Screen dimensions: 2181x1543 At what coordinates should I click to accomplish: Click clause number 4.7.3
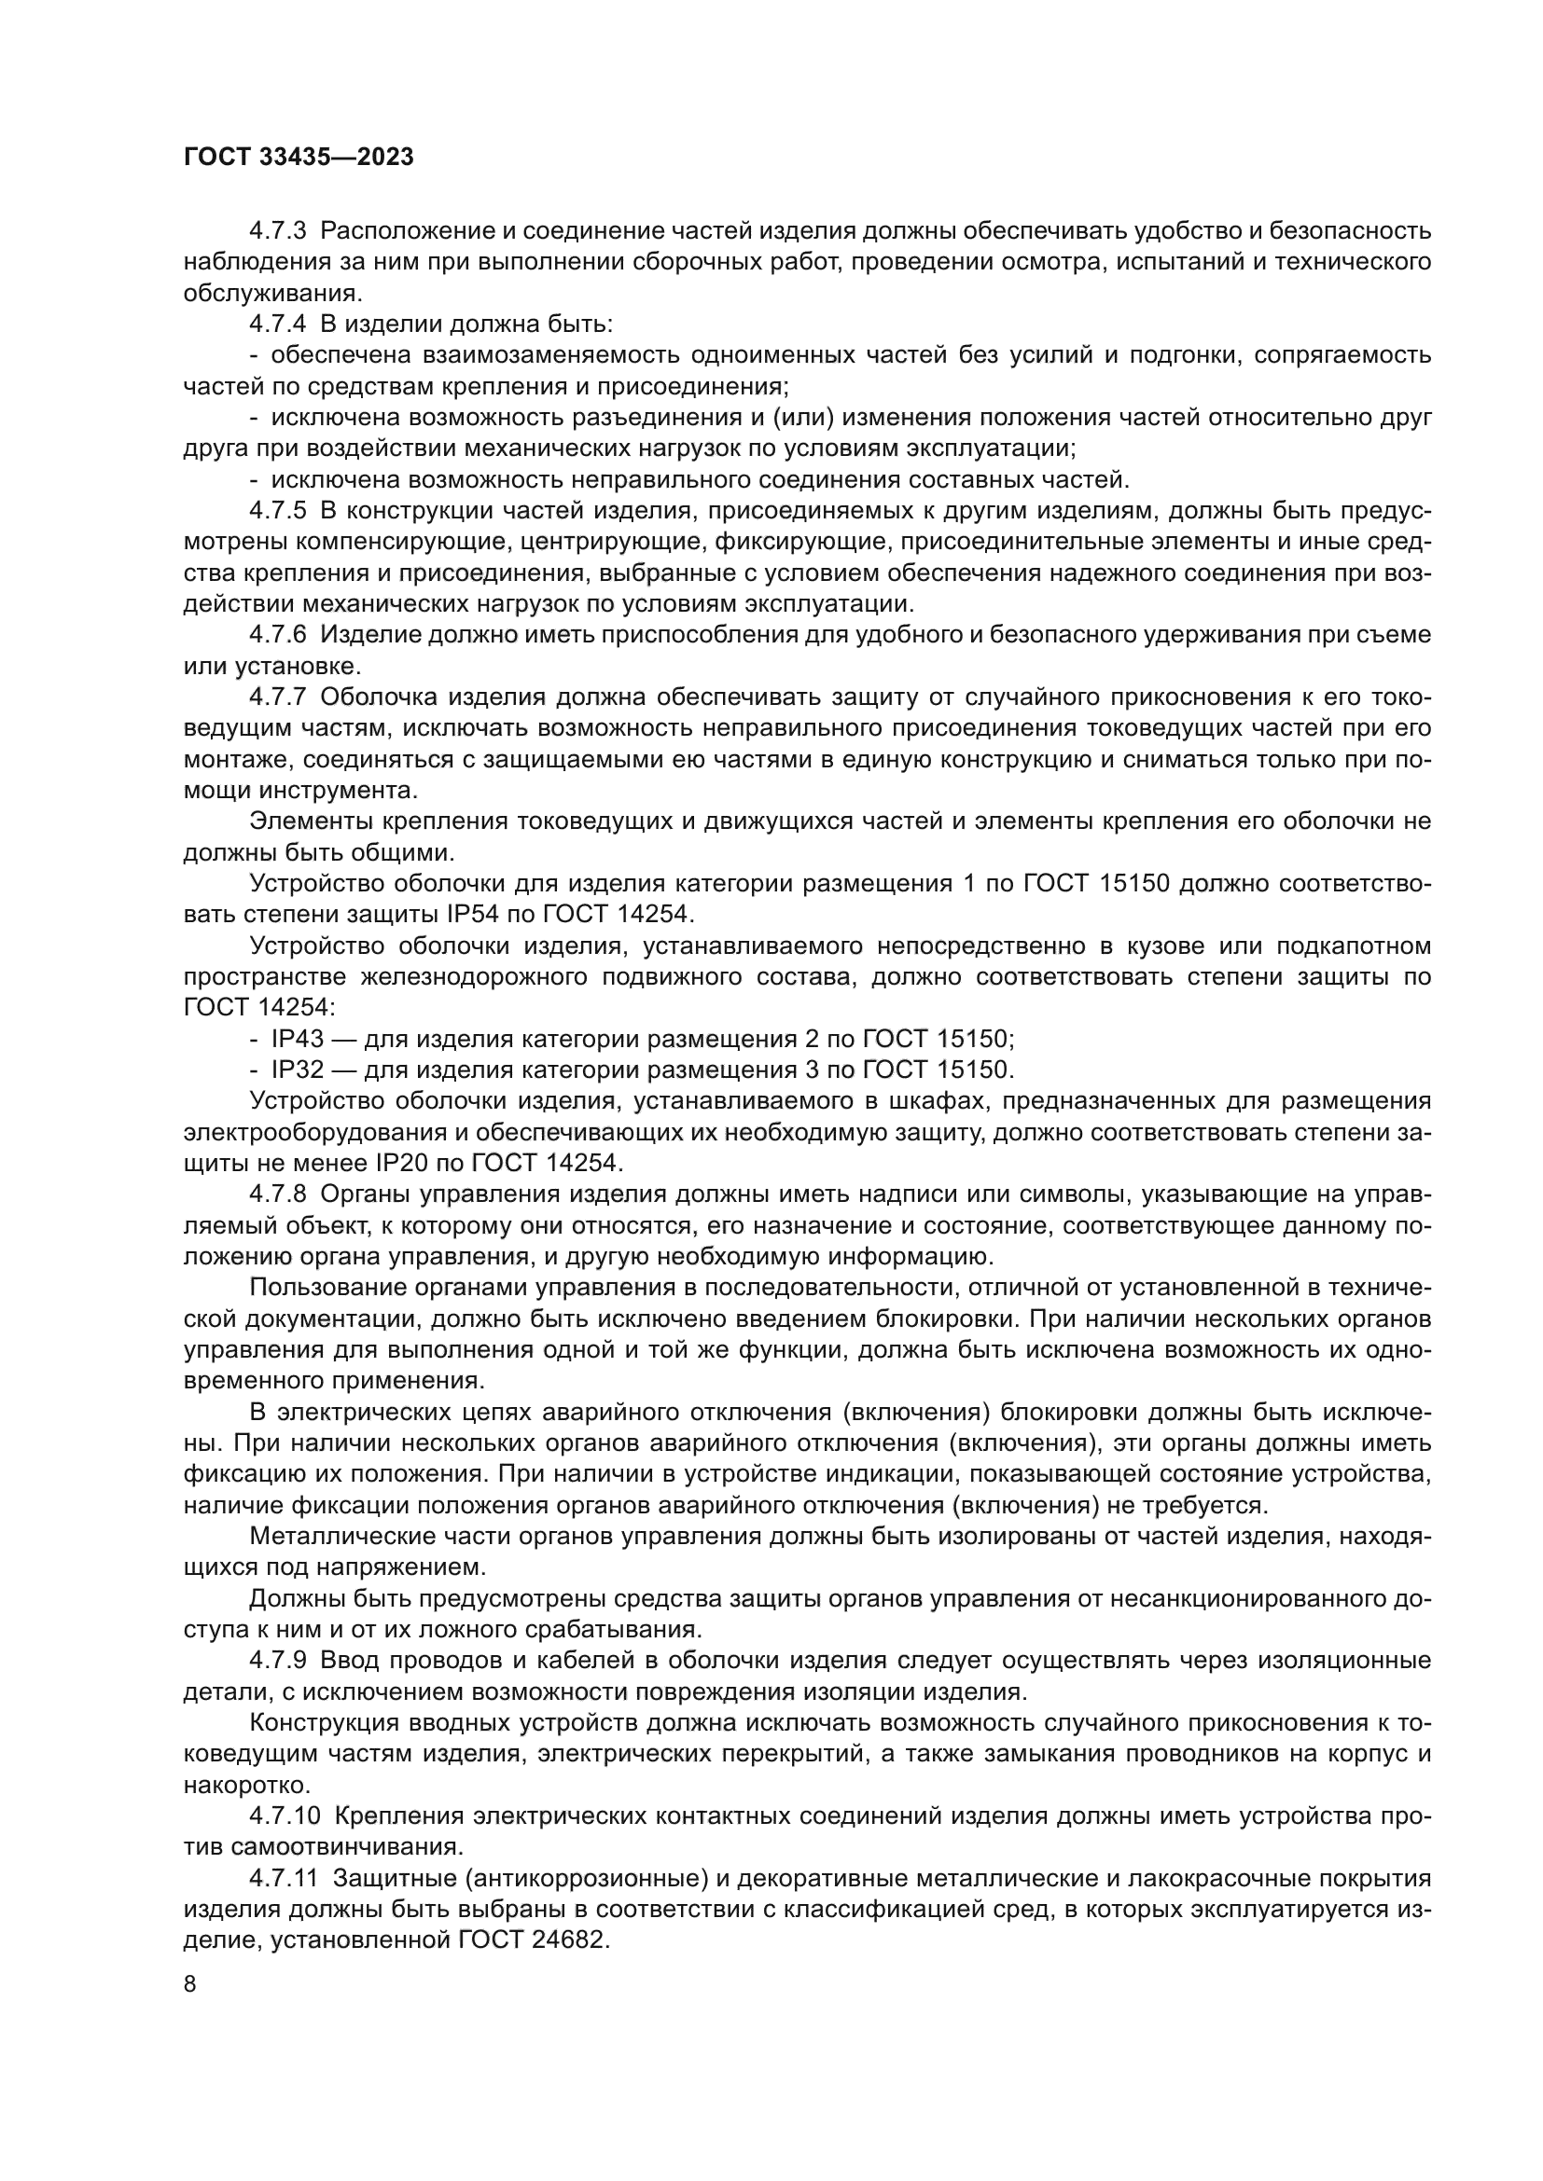tap(277, 231)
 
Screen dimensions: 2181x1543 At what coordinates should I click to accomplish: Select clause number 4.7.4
tap(277, 324)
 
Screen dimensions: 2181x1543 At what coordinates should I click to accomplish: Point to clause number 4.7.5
tap(277, 511)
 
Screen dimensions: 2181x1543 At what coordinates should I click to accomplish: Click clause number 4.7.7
tap(277, 697)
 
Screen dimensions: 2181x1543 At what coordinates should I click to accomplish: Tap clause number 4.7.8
tap(277, 1194)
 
